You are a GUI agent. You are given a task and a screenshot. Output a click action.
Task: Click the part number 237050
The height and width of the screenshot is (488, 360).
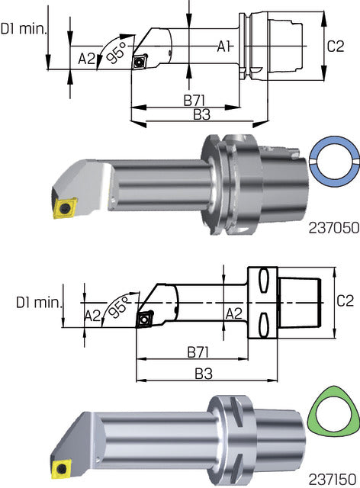(333, 227)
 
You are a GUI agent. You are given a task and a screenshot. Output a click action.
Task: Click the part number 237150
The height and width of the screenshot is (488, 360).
(333, 479)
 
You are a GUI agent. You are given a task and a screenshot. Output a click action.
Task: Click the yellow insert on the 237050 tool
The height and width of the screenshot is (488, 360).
(63, 207)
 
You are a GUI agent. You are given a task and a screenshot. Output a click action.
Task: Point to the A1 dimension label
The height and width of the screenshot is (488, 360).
(223, 47)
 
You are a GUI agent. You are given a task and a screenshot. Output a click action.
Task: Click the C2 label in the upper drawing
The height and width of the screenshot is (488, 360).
(336, 47)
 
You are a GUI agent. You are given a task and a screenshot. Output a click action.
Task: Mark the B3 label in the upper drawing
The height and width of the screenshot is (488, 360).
(201, 114)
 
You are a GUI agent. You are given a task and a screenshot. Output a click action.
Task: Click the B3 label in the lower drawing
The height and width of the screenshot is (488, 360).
(203, 375)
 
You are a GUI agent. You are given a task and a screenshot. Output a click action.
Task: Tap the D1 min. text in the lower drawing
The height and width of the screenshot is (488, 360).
(37, 302)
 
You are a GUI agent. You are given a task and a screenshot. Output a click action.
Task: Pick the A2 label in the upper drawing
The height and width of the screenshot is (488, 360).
(87, 57)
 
